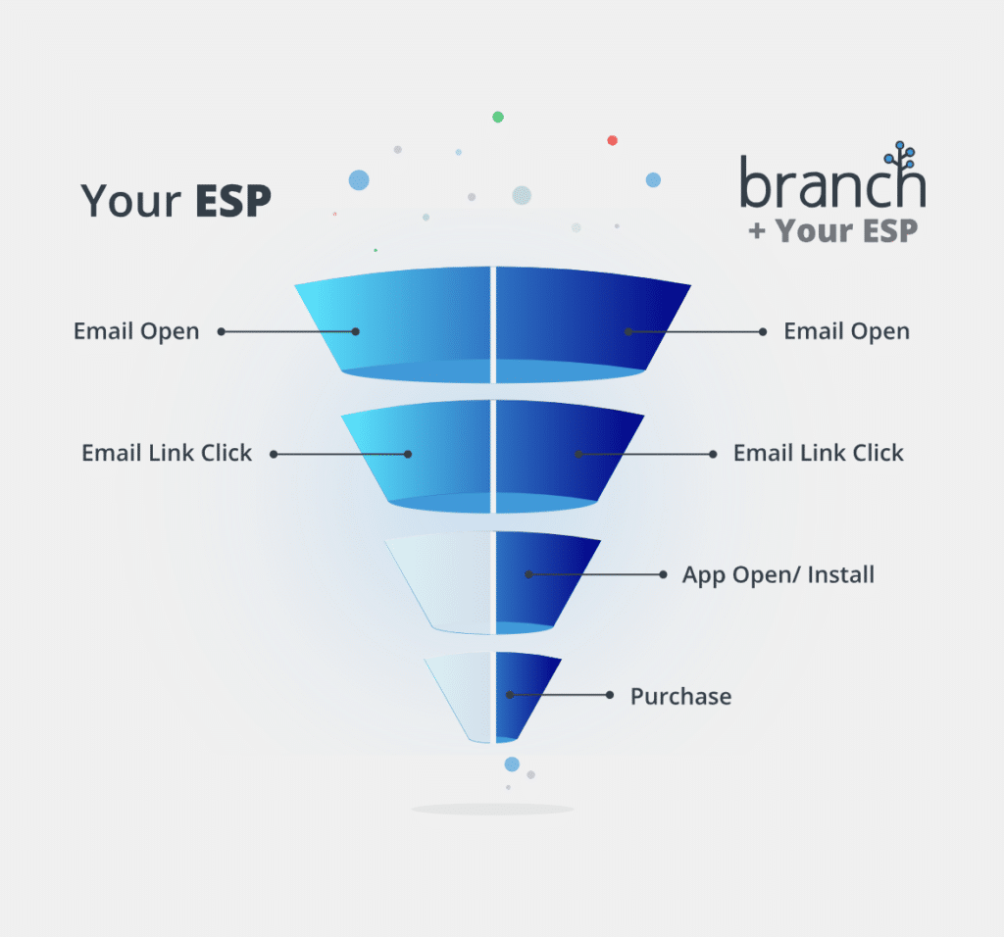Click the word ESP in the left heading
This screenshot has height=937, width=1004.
pyautogui.click(x=232, y=200)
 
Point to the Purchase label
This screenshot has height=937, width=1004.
pyautogui.click(x=680, y=697)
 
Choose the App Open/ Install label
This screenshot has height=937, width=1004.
pyautogui.click(x=778, y=574)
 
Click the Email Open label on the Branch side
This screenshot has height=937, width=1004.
pyautogui.click(x=846, y=331)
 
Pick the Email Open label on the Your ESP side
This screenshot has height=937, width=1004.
pyautogui.click(x=136, y=331)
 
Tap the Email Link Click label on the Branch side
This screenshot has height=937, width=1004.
pyautogui.click(x=819, y=453)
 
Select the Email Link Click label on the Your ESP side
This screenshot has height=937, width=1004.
pyautogui.click(x=167, y=453)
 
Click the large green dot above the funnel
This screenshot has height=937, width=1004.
pyautogui.click(x=498, y=117)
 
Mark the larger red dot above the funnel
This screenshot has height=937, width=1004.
pyautogui.click(x=612, y=140)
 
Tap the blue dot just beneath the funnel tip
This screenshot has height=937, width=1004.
pyautogui.click(x=512, y=764)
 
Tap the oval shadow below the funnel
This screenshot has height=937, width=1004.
pyautogui.click(x=492, y=809)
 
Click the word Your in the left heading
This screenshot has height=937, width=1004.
pyautogui.click(x=130, y=200)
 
